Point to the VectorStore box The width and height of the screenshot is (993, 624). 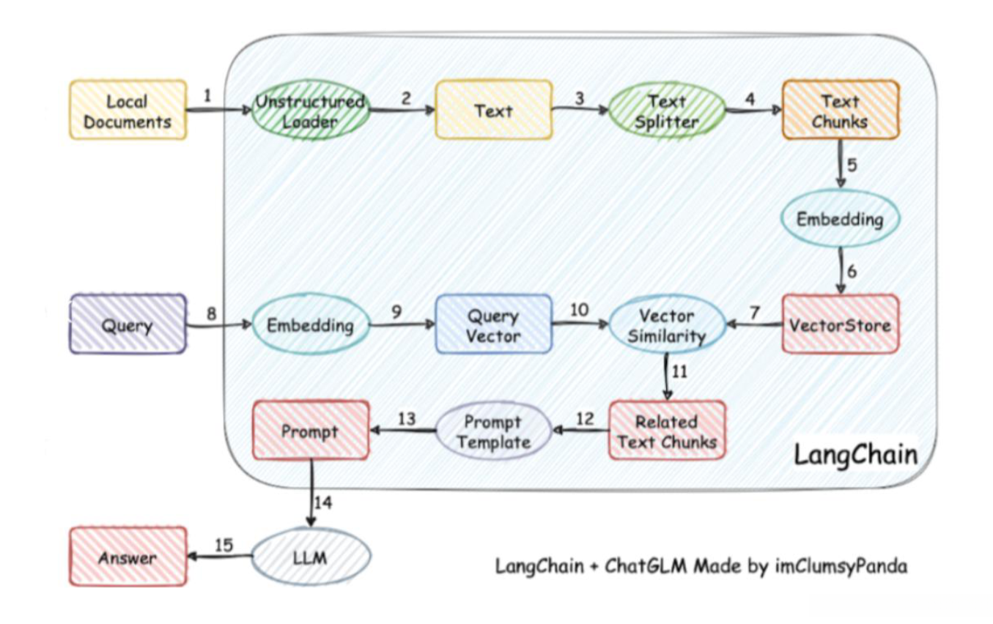click(840, 324)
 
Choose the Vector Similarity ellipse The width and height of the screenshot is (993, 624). click(667, 325)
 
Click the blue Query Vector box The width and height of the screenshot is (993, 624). click(493, 324)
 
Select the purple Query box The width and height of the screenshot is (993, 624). click(128, 324)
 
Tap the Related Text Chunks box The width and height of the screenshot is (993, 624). click(667, 431)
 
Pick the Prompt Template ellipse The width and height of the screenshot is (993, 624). click(493, 431)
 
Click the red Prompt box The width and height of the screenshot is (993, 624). click(310, 431)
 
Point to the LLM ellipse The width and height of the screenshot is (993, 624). click(310, 558)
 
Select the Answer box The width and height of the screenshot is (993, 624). click(128, 557)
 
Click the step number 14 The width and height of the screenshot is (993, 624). click(323, 502)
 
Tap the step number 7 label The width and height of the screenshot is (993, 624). click(755, 312)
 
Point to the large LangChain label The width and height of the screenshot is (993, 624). click(855, 455)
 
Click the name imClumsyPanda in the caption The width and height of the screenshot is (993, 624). click(841, 566)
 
